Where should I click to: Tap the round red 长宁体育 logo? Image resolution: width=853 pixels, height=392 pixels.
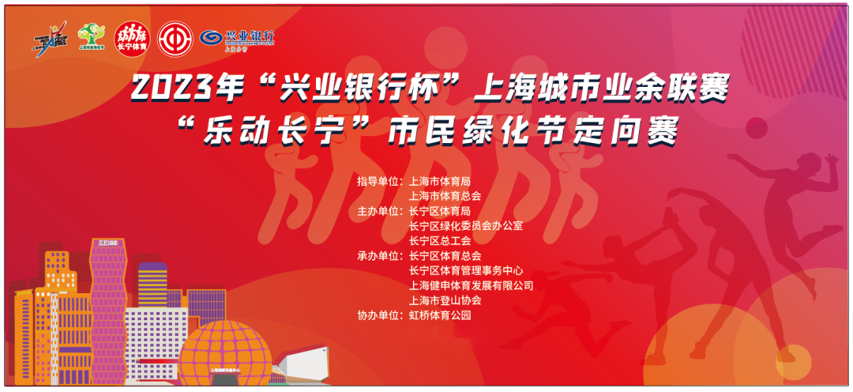tap(131, 36)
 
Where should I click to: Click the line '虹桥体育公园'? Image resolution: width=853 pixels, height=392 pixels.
tap(440, 315)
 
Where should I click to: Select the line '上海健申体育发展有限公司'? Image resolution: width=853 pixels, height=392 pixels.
tap(472, 285)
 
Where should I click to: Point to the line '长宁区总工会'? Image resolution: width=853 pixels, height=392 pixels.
tap(440, 241)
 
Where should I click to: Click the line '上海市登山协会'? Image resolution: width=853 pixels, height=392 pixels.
tap(445, 300)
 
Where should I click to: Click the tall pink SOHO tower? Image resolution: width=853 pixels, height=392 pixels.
tap(108, 300)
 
